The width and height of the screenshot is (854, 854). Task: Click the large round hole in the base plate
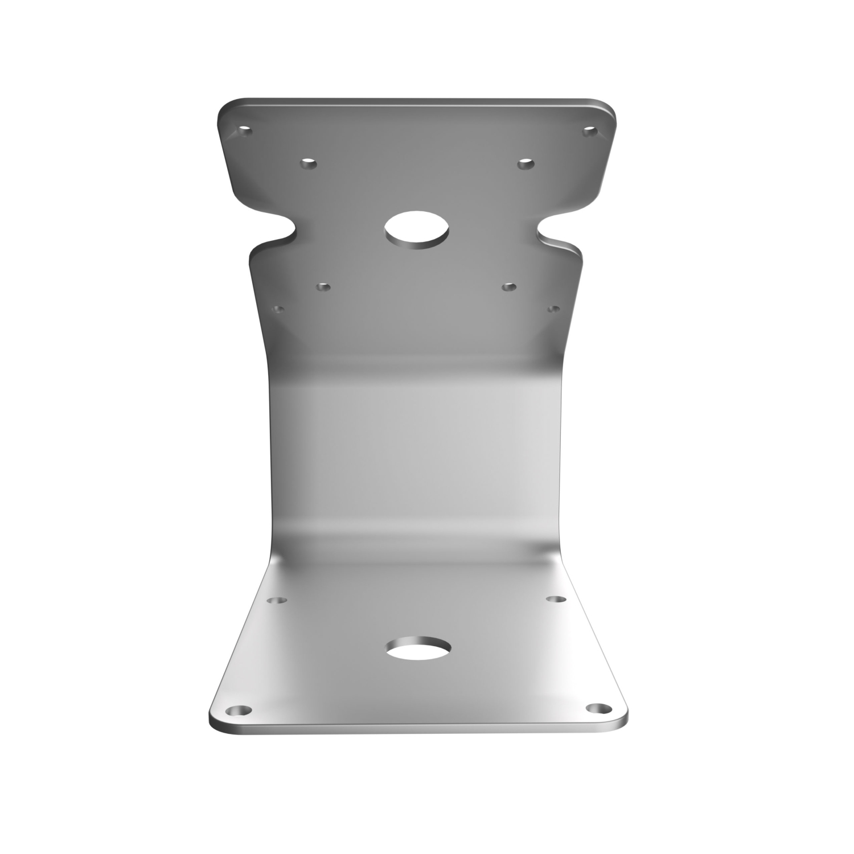tap(418, 648)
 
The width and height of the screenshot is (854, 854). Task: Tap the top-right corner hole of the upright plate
tap(590, 131)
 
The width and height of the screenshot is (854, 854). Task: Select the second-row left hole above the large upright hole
tap(309, 165)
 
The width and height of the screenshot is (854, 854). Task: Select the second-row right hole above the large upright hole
tap(525, 164)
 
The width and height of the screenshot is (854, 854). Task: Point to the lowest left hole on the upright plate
tap(278, 309)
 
